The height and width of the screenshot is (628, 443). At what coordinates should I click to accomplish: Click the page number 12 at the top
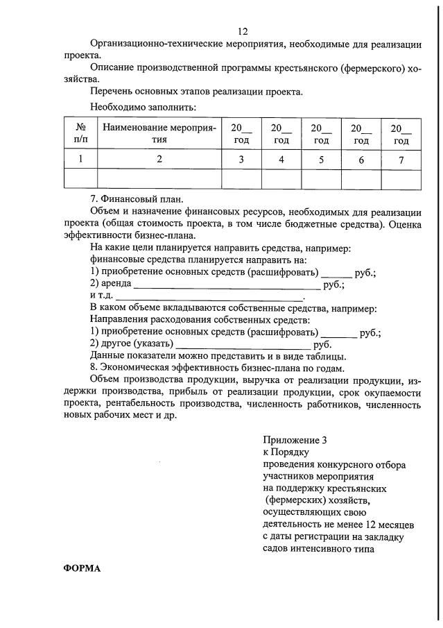pos(243,31)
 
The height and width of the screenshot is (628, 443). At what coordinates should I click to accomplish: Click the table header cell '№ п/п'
pos(80,133)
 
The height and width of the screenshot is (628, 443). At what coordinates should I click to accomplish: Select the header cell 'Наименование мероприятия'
pos(159,133)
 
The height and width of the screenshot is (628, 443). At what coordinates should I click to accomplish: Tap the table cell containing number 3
pos(241,159)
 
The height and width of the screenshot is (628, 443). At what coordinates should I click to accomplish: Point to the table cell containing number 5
pos(321,159)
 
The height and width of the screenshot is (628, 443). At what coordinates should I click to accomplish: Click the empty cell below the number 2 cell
pos(159,179)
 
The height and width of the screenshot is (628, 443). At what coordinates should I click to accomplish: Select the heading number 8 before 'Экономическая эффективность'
pos(94,368)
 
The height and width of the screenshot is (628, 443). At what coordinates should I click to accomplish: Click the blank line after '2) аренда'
pos(225,286)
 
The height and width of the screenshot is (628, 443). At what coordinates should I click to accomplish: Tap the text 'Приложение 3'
pos(294,440)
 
